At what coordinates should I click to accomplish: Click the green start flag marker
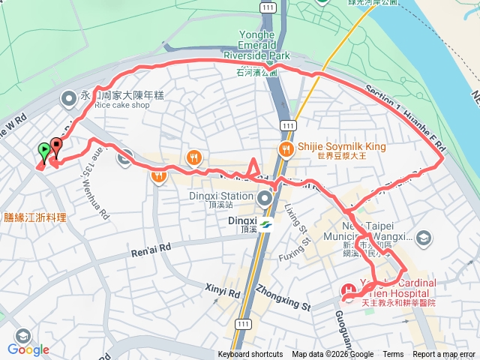pyautogui.click(x=44, y=151)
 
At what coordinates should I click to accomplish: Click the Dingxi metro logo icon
pyautogui.click(x=265, y=223)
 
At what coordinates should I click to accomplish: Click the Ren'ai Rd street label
pyautogui.click(x=150, y=247)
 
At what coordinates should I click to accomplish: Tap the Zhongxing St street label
pyautogui.click(x=282, y=297)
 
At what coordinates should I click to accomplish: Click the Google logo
pyautogui.click(x=28, y=349)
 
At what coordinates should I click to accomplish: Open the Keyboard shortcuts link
pyautogui.click(x=250, y=355)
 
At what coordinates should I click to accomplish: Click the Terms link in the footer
pyautogui.click(x=393, y=355)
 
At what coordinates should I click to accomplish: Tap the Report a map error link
pyautogui.click(x=445, y=355)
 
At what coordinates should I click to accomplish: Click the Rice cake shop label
pyautogui.click(x=122, y=105)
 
